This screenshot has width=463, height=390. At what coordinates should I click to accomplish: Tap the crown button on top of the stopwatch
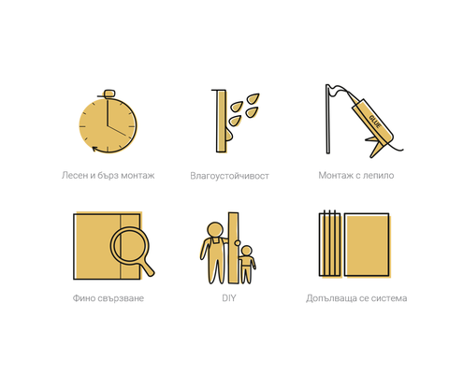click(x=109, y=92)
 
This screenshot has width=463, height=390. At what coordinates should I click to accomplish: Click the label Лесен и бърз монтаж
click(x=108, y=175)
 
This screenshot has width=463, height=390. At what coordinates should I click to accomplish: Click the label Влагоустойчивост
click(x=229, y=175)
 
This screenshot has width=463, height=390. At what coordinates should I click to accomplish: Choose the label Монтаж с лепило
click(x=356, y=175)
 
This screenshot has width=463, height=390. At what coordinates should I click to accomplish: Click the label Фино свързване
click(x=108, y=298)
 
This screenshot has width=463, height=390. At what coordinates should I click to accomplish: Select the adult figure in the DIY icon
click(x=214, y=251)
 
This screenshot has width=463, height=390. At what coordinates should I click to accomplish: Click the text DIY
click(x=229, y=298)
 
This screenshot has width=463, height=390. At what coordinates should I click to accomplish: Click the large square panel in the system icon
click(x=366, y=245)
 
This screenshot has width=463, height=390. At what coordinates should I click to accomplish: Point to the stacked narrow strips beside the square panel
click(x=330, y=245)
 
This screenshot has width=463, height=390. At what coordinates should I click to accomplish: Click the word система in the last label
click(x=386, y=298)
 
